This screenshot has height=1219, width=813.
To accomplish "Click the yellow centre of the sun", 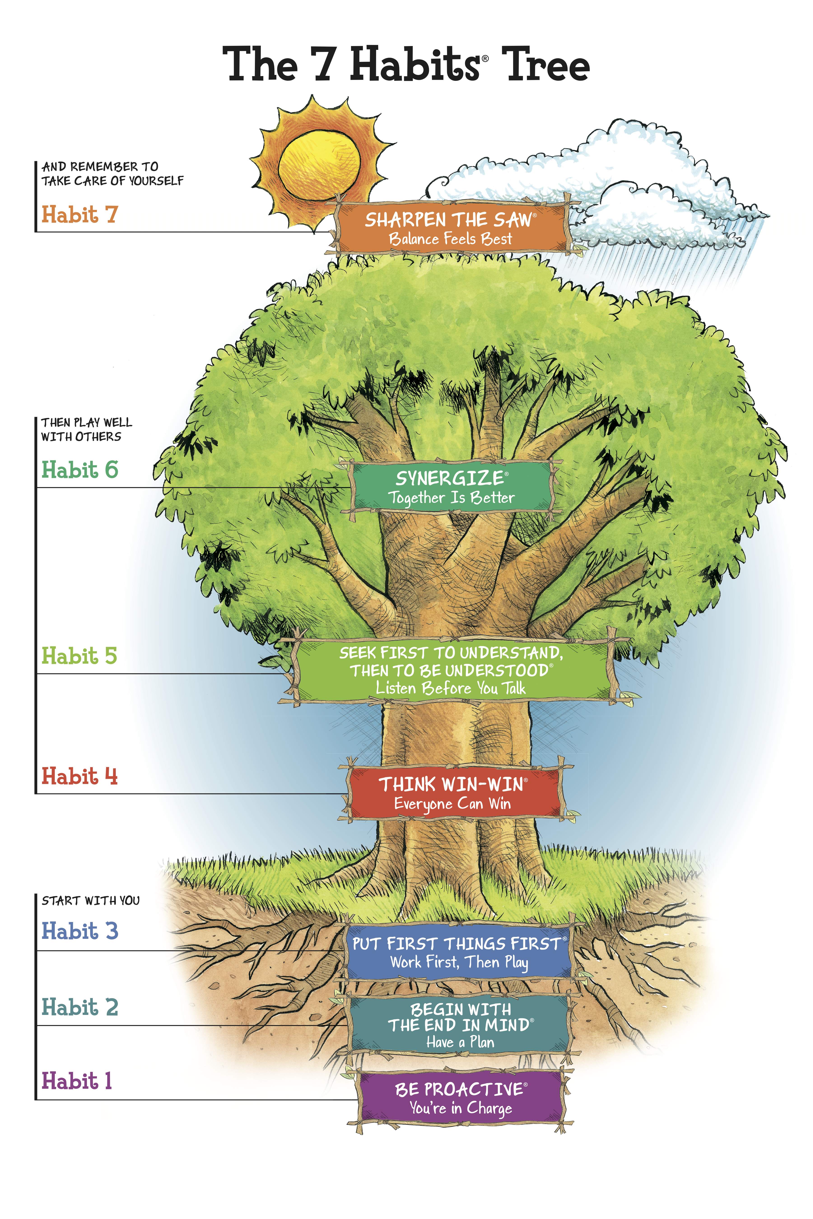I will coord(319,165).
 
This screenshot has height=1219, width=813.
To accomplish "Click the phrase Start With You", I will coord(91,901).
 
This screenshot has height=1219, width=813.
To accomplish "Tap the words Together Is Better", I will coord(451,498).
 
